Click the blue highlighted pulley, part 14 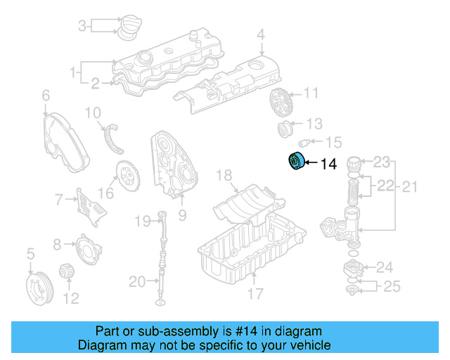pyautogui.click(x=295, y=162)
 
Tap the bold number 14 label pyautogui.click(x=329, y=165)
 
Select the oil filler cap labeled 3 pyautogui.click(x=129, y=27)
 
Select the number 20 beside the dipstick pyautogui.click(x=138, y=283)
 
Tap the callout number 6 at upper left pyautogui.click(x=46, y=95)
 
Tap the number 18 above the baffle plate pyautogui.click(x=224, y=175)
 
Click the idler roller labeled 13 pyautogui.click(x=287, y=129)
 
